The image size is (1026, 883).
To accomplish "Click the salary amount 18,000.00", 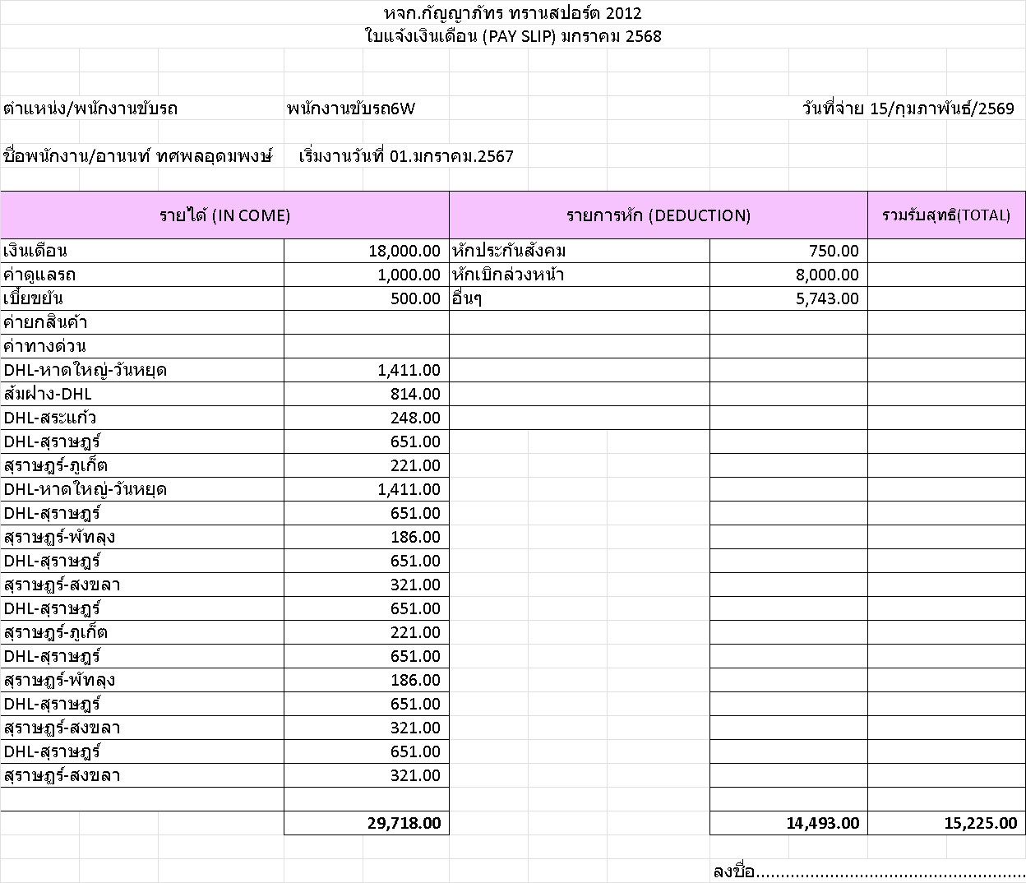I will (x=404, y=251).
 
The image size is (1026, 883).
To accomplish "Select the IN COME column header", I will (x=224, y=215).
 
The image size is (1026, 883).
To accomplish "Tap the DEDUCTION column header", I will (x=658, y=215).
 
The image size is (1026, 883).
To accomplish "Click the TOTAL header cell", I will (x=945, y=215).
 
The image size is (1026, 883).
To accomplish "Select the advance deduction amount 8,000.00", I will (x=827, y=275).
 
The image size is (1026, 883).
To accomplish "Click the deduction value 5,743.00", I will (x=827, y=298).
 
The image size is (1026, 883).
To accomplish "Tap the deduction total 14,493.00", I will (x=822, y=823).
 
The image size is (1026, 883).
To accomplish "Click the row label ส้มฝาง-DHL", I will (x=48, y=394).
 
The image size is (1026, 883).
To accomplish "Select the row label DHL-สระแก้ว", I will (x=50, y=418).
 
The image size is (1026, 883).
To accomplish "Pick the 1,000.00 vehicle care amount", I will (x=409, y=275).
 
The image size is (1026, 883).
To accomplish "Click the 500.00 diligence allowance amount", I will (x=415, y=298).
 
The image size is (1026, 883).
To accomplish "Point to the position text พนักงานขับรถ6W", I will (x=351, y=109).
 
